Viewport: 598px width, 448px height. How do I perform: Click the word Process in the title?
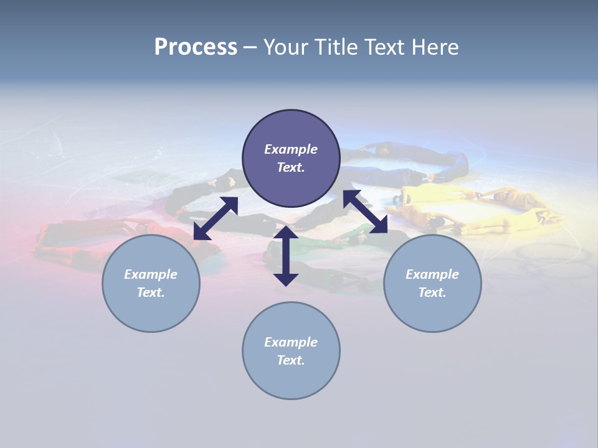(x=196, y=47)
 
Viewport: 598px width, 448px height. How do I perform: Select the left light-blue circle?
(x=151, y=311)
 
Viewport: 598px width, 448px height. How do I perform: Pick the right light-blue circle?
(x=432, y=311)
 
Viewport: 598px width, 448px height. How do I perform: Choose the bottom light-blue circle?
(x=291, y=379)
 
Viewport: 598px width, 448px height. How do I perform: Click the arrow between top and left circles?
(x=216, y=218)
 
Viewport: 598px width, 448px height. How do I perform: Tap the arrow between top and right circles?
(x=366, y=212)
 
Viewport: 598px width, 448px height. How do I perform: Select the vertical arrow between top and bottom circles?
(x=286, y=256)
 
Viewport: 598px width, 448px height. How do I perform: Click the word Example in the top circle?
(x=291, y=149)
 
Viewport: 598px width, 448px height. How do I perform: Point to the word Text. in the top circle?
(x=291, y=167)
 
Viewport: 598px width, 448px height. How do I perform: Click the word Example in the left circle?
(x=151, y=274)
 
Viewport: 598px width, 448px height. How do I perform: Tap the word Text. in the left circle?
(x=151, y=292)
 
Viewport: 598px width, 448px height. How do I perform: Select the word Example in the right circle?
(x=432, y=274)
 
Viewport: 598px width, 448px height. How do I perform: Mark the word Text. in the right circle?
(x=432, y=292)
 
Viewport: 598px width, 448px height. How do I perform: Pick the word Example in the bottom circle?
(x=291, y=342)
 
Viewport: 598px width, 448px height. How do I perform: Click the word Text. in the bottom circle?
(x=291, y=360)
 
